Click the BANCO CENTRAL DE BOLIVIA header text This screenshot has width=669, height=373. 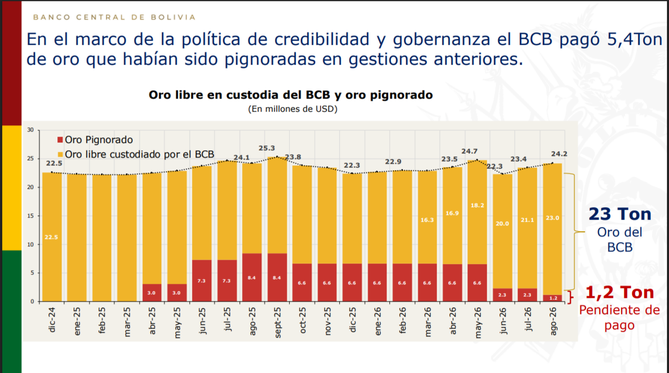point(114,17)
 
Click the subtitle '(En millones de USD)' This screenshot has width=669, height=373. point(293,109)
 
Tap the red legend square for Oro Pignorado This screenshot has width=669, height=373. point(60,139)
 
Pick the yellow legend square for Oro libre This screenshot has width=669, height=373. point(60,154)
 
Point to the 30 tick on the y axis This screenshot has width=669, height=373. point(30,130)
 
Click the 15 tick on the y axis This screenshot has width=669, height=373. point(30,215)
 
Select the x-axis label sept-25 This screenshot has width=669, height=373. point(278,322)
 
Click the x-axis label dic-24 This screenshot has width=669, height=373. point(52,320)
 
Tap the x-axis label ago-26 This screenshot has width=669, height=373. point(553,321)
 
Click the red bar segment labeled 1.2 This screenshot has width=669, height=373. point(553,298)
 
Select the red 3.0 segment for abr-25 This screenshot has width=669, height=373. point(152,293)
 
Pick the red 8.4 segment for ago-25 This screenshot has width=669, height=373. point(252,278)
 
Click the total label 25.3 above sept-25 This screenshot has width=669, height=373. point(267,148)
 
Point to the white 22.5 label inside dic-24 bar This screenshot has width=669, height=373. point(51,237)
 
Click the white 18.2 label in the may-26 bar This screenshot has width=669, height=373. point(477,206)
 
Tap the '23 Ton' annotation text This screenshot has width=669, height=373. point(620,214)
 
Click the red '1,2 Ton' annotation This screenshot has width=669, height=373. point(620,292)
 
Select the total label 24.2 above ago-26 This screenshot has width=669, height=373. point(559,154)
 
